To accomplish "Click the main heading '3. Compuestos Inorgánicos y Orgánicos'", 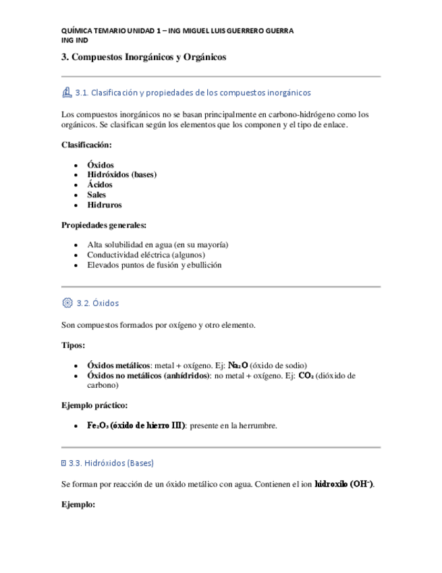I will click(143, 58).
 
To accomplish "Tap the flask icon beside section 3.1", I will click(66, 92).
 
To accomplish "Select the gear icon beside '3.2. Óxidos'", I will click(66, 303).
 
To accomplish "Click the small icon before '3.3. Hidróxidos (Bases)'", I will click(63, 463).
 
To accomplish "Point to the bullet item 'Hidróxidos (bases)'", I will click(121, 174).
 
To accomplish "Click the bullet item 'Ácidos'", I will click(100, 184).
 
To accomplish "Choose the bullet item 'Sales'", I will click(96, 195).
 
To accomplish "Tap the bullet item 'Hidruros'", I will click(105, 205).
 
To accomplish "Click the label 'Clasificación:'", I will click(86, 145).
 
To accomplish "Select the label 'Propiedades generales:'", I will click(104, 225).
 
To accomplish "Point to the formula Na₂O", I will click(237, 365).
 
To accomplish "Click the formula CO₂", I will click(306, 375).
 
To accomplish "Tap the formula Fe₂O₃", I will click(99, 426).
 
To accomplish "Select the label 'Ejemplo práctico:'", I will click(94, 405).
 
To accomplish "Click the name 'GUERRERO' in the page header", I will click(242, 31).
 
